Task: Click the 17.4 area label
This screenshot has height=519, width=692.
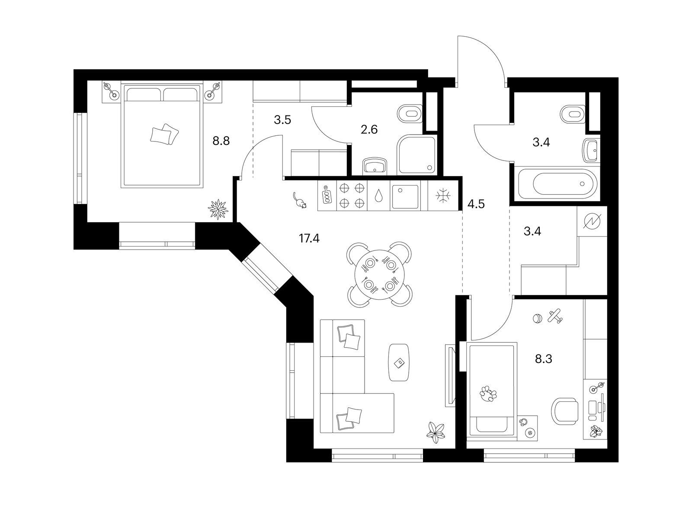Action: (x=309, y=239)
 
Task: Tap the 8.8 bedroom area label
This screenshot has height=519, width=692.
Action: (x=221, y=141)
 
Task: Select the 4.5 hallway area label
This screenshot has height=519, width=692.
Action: (x=476, y=204)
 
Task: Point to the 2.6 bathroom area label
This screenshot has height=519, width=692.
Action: (x=369, y=129)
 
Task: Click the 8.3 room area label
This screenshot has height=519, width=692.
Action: (x=544, y=359)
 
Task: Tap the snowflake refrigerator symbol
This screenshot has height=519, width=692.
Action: (x=443, y=195)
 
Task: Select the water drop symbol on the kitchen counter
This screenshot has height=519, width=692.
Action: (x=378, y=195)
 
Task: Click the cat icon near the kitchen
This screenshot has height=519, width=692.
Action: (x=299, y=200)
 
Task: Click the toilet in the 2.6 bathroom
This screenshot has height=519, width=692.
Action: (x=410, y=114)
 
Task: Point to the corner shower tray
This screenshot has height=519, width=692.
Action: (x=416, y=155)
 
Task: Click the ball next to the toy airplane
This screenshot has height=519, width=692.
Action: (x=537, y=319)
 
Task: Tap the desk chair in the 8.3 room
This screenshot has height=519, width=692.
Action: (x=565, y=411)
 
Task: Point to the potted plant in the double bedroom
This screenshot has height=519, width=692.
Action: (x=218, y=208)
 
